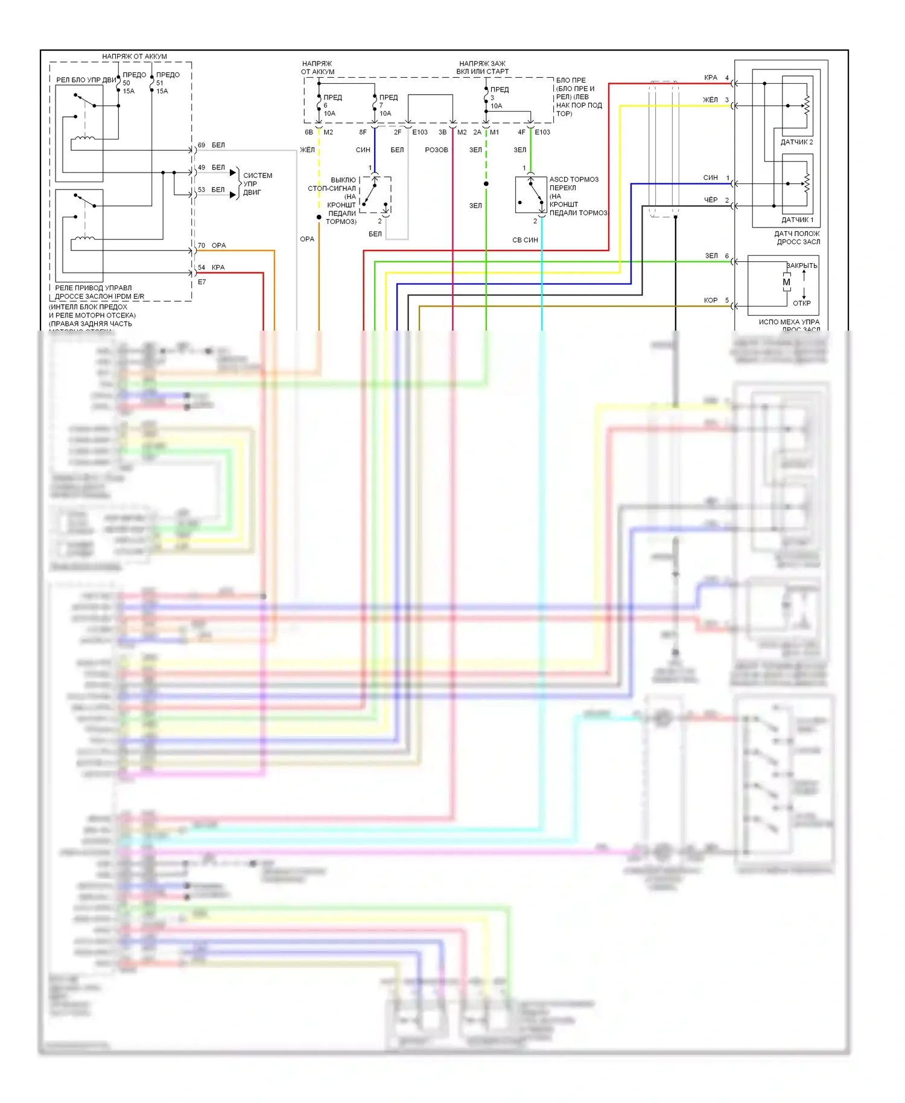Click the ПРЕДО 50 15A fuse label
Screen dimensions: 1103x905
[133, 83]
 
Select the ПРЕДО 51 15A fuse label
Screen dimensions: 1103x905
[167, 83]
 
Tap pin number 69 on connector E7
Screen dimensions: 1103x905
[202, 145]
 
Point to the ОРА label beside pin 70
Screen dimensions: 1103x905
[218, 246]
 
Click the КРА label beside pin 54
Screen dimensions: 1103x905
[218, 267]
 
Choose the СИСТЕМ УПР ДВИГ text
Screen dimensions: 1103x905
[257, 184]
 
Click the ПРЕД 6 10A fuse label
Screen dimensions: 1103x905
[332, 105]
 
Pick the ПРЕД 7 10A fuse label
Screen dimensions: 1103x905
[387, 105]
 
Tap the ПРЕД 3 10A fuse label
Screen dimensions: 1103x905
[498, 97]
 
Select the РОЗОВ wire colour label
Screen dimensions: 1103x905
[436, 150]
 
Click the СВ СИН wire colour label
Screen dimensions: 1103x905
[525, 240]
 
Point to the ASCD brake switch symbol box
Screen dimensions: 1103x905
[531, 194]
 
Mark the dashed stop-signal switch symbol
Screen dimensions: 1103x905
[375, 195]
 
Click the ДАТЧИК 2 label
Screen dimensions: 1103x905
[796, 142]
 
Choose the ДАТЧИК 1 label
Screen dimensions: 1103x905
[797, 220]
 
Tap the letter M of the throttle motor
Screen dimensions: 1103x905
[786, 282]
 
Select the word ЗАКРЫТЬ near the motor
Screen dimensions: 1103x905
[802, 265]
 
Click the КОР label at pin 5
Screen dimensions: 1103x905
[711, 300]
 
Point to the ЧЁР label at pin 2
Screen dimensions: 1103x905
[711, 200]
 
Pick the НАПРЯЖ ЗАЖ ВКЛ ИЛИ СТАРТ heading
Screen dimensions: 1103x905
[482, 67]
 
